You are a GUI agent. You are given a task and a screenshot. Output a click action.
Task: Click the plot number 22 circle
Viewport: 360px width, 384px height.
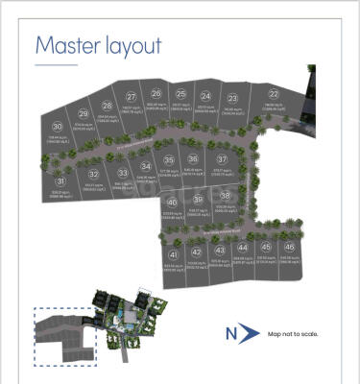[274, 94]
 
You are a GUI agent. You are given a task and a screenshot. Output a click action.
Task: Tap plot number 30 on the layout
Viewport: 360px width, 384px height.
[58, 127]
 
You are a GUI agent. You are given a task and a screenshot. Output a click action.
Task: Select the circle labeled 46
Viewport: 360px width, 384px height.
[289, 247]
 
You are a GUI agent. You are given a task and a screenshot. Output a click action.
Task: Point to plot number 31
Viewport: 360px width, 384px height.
[60, 180]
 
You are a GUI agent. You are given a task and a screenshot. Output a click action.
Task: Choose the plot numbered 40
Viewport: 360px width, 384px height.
[172, 203]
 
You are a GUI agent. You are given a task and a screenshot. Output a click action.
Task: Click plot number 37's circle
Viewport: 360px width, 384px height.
[222, 159]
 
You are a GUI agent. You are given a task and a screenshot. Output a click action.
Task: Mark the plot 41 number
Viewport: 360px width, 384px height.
[174, 254]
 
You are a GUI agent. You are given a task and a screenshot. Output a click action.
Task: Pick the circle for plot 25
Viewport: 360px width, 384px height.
[180, 93]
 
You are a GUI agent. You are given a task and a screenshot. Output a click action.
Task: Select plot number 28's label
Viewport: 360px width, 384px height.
[107, 107]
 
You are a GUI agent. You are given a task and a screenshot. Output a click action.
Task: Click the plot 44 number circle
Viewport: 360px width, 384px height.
[242, 247]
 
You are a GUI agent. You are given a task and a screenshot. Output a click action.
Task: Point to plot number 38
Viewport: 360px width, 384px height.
[225, 195]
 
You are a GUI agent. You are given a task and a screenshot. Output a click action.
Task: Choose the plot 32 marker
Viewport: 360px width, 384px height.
[93, 174]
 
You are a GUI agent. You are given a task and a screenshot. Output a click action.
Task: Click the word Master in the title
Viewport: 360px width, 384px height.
[68, 45]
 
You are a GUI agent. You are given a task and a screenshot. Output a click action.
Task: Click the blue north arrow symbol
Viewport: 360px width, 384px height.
[250, 332]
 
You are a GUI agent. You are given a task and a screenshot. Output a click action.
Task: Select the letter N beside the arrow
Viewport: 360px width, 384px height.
[230, 333]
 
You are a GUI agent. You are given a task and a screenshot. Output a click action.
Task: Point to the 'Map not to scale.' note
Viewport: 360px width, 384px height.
[293, 333]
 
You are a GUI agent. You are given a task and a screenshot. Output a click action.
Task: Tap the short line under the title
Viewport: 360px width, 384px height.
[56, 64]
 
